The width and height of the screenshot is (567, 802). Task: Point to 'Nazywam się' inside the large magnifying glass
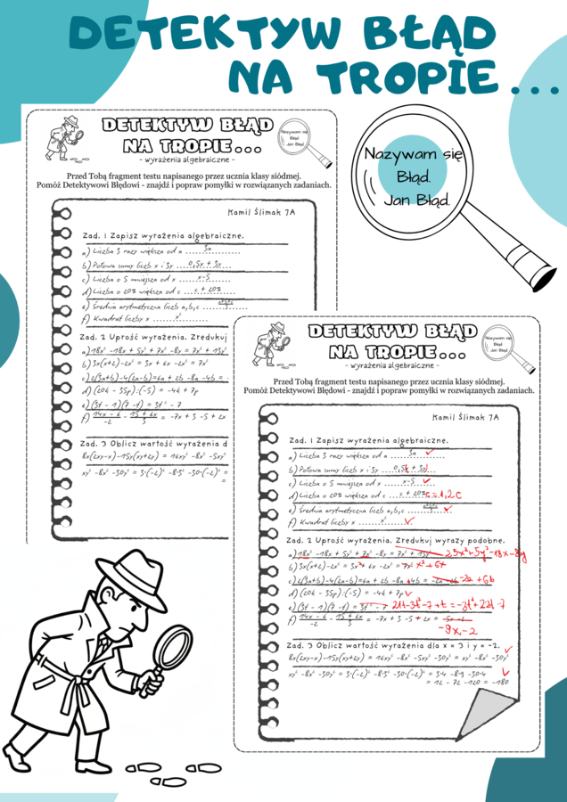pos(414,154)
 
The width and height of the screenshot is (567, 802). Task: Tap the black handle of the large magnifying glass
pos(540,265)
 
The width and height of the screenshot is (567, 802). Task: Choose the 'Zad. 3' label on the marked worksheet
pos(301,643)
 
